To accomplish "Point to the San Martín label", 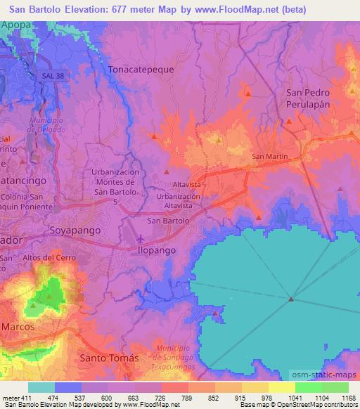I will (268, 156).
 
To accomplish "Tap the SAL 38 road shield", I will (48, 75).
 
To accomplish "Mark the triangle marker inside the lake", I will (290, 300).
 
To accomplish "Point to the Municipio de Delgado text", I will (47, 124).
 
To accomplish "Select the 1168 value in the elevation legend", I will (347, 399).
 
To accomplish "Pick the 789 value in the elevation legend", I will (187, 399).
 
